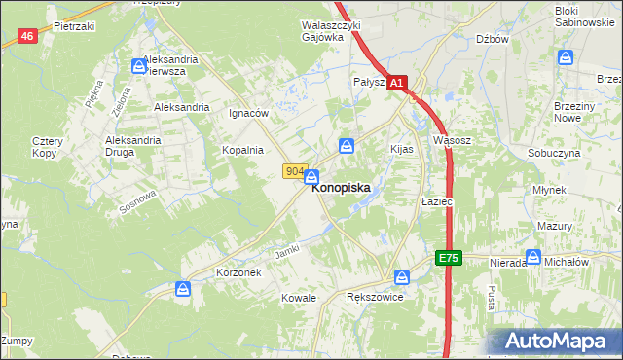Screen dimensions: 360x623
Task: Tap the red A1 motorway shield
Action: (x=396, y=85)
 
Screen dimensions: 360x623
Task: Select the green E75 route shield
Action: (x=447, y=258)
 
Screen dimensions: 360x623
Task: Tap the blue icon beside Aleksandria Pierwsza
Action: (x=138, y=66)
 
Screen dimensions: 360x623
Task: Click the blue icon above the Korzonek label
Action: (x=183, y=289)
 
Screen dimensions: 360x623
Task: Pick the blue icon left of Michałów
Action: (x=533, y=257)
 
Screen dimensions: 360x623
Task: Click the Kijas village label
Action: (x=402, y=150)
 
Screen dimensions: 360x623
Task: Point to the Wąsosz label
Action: (x=452, y=140)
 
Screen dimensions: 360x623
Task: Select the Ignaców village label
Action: (x=247, y=113)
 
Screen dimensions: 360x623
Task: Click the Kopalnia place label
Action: (x=242, y=150)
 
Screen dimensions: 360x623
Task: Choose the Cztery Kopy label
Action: (x=47, y=147)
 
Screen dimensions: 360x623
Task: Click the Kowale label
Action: (x=299, y=297)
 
